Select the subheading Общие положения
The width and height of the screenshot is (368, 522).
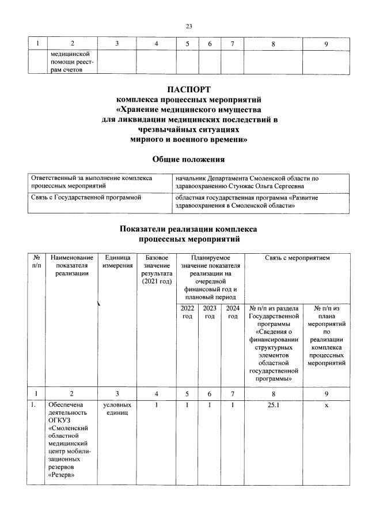(x=188, y=159)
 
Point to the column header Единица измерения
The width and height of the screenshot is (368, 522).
(x=116, y=261)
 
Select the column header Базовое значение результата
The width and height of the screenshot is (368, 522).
(x=153, y=269)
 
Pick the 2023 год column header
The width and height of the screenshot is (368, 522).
(x=210, y=312)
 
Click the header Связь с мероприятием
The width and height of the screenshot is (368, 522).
(x=297, y=257)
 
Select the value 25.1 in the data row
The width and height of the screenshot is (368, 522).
(x=273, y=405)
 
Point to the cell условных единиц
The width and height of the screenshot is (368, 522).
(x=116, y=409)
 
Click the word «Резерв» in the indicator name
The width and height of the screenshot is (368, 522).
(x=63, y=476)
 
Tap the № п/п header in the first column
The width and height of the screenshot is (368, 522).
(x=37, y=261)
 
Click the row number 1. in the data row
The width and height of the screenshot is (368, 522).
(x=35, y=405)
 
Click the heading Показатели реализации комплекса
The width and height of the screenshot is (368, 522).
(x=188, y=229)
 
